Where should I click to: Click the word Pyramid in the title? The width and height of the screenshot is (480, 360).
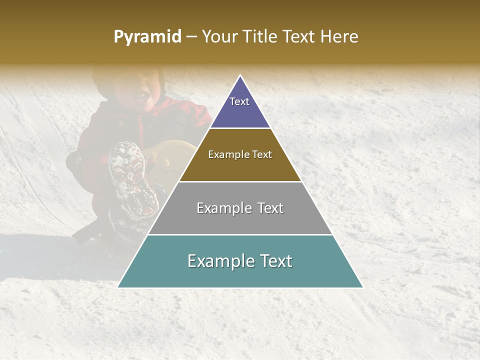click(147, 37)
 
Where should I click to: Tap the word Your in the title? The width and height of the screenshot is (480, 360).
click(219, 37)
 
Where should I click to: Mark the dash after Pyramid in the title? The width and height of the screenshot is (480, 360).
click(191, 37)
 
